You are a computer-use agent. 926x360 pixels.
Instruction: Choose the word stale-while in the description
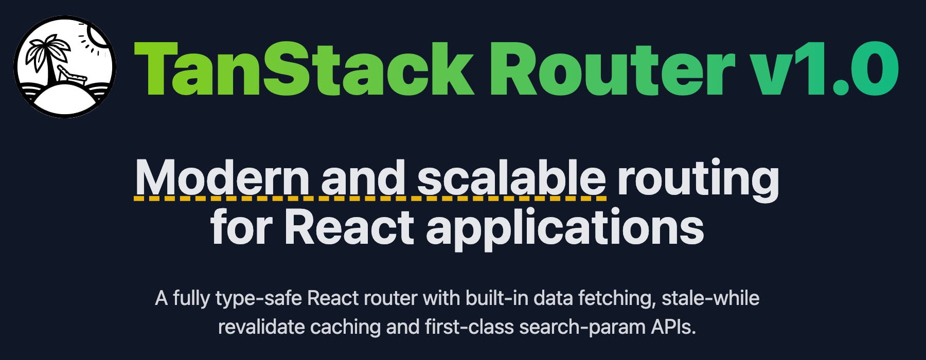710,298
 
